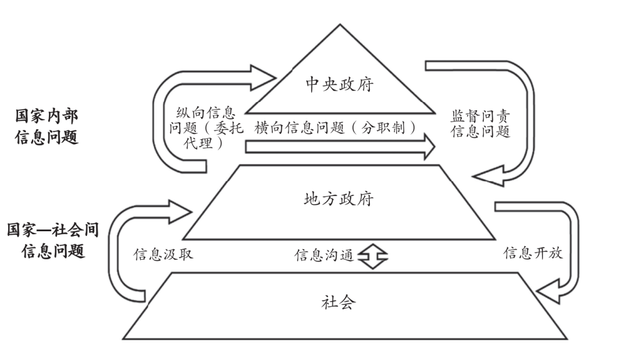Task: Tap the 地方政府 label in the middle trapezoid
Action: (x=339, y=201)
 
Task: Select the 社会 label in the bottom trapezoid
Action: (x=339, y=302)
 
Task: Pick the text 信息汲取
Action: (x=163, y=254)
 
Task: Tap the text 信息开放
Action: (x=533, y=254)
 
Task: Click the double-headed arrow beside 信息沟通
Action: (x=370, y=256)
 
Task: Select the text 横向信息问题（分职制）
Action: (x=336, y=129)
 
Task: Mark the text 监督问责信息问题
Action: (x=480, y=123)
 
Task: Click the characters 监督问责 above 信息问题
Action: (x=480, y=116)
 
